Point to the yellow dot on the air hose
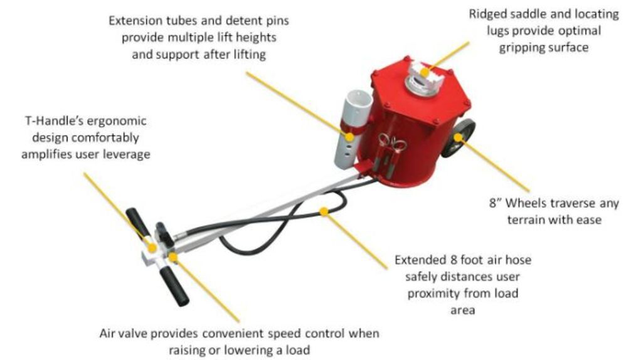click(324, 211)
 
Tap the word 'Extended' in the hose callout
click(417, 259)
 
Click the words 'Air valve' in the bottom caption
click(123, 334)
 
